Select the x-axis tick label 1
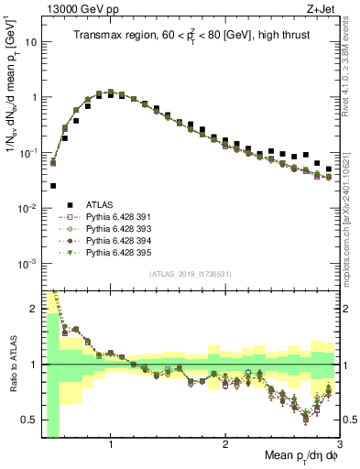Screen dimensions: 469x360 click(111, 446)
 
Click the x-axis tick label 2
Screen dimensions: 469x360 click(225, 446)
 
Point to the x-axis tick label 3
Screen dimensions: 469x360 click(338, 446)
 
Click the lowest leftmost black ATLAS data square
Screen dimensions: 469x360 click(53, 185)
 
